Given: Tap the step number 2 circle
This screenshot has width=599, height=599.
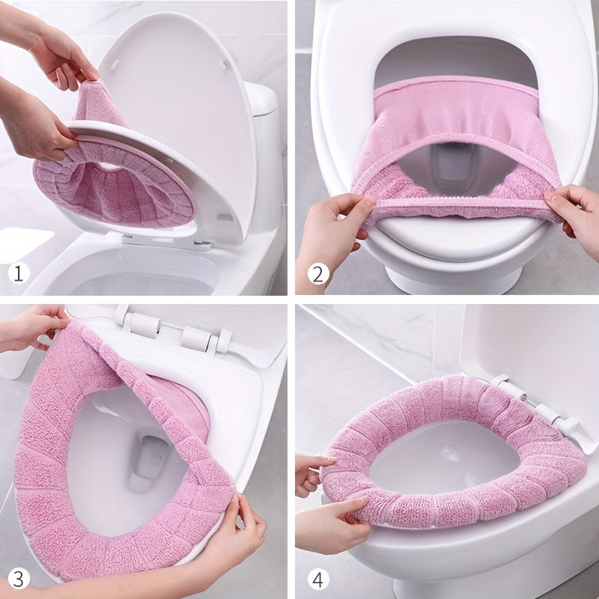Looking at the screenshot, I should tap(317, 273).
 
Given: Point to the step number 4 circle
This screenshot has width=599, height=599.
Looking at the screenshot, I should tap(317, 578).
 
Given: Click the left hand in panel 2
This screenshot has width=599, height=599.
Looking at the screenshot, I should tap(329, 225).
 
